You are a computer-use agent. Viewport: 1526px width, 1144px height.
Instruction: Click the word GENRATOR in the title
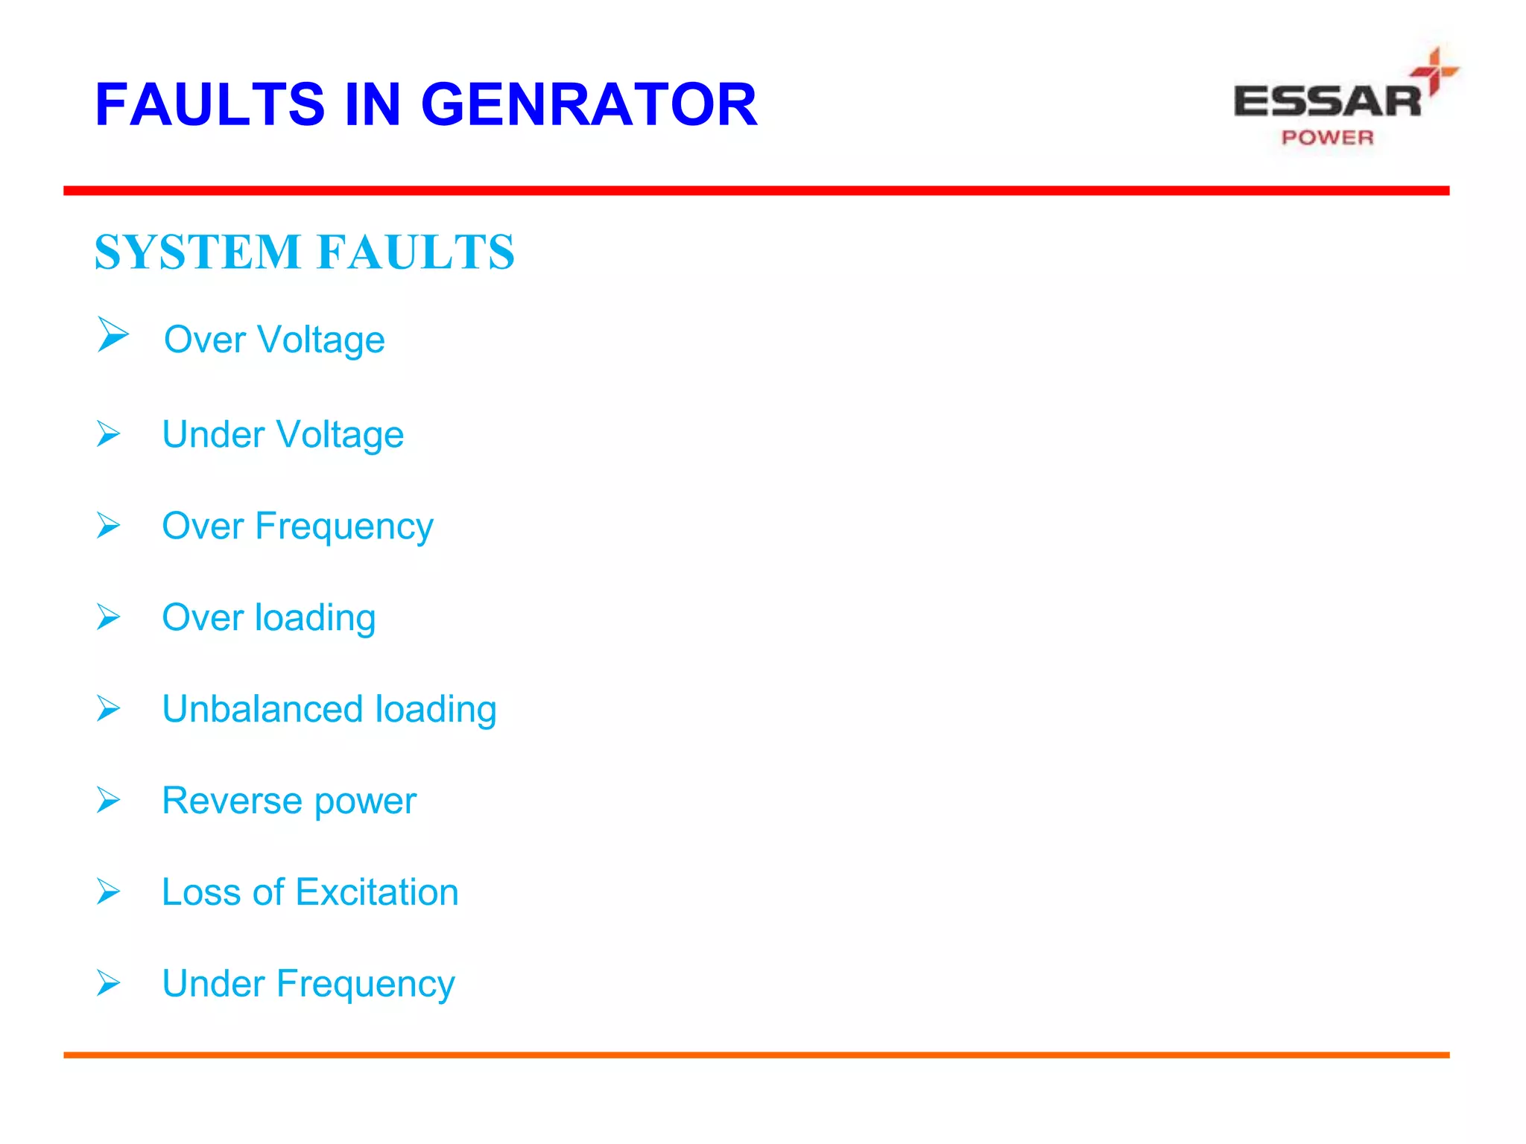(589, 104)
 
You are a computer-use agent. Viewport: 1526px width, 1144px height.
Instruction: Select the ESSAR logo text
(1328, 102)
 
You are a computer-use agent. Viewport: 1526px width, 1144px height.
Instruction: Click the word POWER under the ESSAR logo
(1327, 138)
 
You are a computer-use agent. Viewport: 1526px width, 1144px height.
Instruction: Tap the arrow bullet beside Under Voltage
(109, 433)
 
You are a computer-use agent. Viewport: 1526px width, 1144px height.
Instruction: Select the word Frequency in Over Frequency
(344, 527)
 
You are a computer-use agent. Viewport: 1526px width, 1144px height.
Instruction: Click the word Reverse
(232, 801)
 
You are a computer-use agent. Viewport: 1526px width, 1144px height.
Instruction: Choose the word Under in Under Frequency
(213, 984)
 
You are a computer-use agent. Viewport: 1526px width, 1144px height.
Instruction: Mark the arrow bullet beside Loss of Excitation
(109, 892)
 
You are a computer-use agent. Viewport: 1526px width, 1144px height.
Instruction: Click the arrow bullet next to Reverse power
(109, 800)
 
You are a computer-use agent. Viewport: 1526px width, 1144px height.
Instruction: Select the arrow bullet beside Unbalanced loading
(109, 708)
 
